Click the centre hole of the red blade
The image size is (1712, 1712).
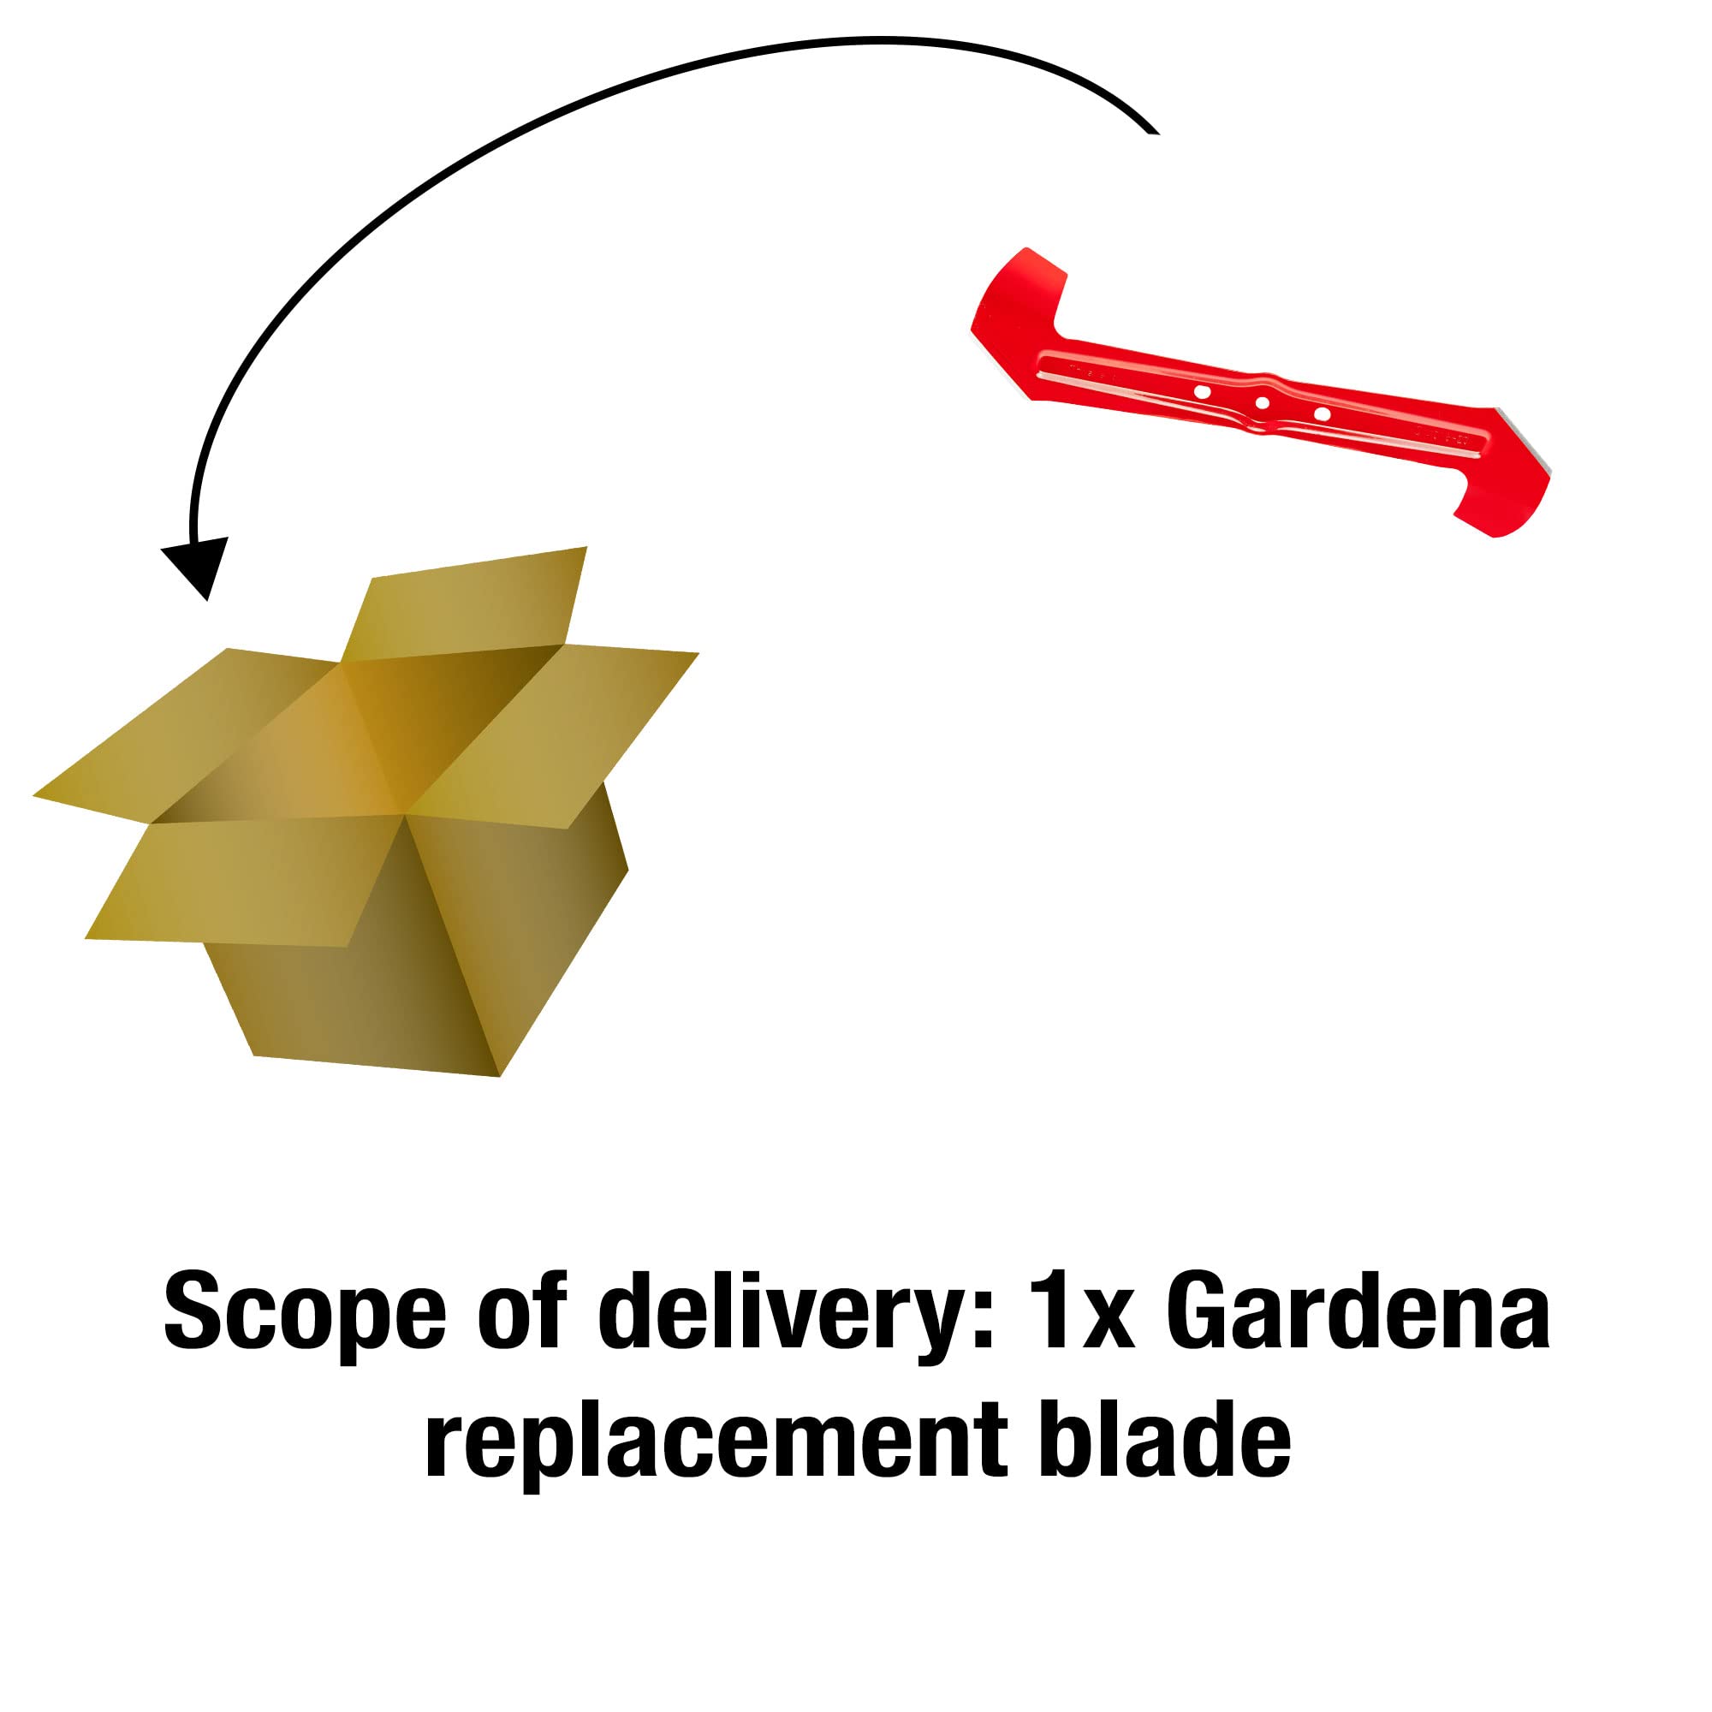coord(1263,403)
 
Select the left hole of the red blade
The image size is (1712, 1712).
coord(1203,392)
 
